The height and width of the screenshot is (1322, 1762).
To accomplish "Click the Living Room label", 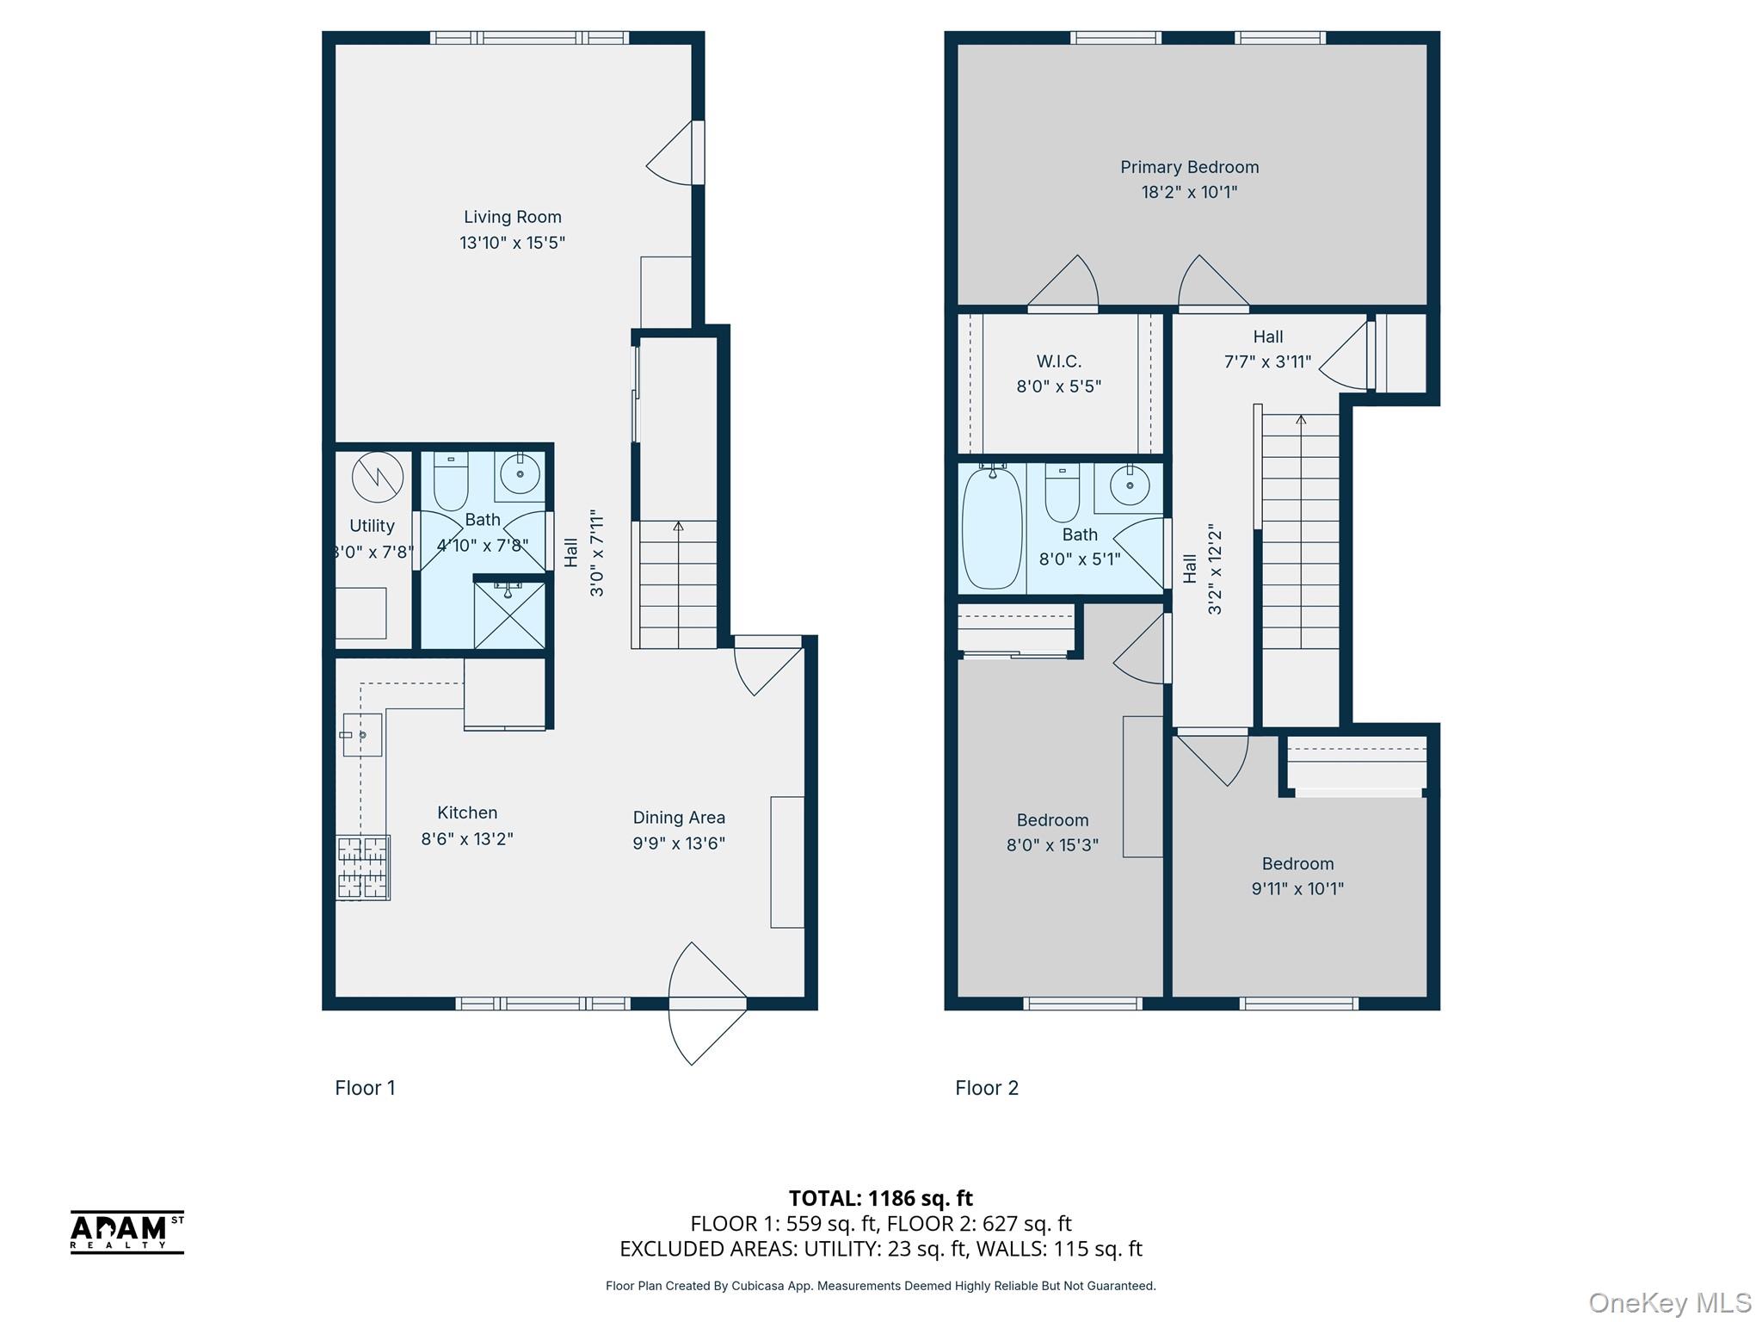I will point(512,218).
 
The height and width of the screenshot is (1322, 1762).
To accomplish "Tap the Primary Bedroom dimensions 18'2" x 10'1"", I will point(1189,192).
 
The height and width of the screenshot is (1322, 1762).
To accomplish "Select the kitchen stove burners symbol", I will point(362,868).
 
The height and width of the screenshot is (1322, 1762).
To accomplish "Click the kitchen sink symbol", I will point(362,735).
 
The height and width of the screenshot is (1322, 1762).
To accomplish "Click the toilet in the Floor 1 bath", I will point(450,482).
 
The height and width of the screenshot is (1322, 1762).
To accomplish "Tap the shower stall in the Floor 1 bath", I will point(508,615).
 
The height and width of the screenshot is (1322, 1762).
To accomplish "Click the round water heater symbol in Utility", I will point(377,477).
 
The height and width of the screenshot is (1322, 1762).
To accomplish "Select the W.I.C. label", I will point(1058,361).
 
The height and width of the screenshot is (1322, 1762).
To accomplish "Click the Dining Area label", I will point(679,818).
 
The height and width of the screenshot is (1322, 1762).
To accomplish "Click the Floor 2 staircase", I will point(1300,534).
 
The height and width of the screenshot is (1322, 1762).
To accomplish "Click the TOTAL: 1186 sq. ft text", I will point(880,1198).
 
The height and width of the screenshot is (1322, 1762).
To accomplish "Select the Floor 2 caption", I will point(986,1088).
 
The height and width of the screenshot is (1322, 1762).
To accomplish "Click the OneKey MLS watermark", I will point(1669,1303).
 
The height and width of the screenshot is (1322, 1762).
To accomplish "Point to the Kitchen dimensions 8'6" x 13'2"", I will point(466,838).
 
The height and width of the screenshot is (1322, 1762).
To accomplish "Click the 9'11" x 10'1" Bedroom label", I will point(1297,864).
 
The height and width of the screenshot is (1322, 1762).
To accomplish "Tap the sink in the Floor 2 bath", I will point(1129,487).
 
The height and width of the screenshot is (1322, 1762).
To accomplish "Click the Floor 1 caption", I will point(365,1088).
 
